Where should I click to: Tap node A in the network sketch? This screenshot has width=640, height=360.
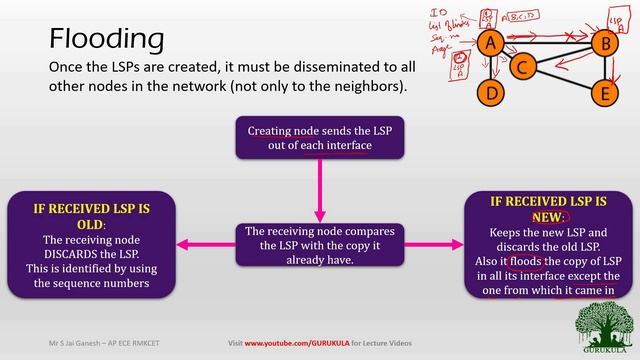point(489,43)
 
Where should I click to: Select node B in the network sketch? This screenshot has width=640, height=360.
point(602,43)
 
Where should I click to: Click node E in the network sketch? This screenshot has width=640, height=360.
point(602,95)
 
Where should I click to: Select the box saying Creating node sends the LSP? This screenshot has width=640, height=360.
point(317,137)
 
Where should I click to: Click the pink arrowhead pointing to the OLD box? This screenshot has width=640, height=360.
point(183,244)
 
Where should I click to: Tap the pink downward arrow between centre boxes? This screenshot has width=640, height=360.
point(319,190)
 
